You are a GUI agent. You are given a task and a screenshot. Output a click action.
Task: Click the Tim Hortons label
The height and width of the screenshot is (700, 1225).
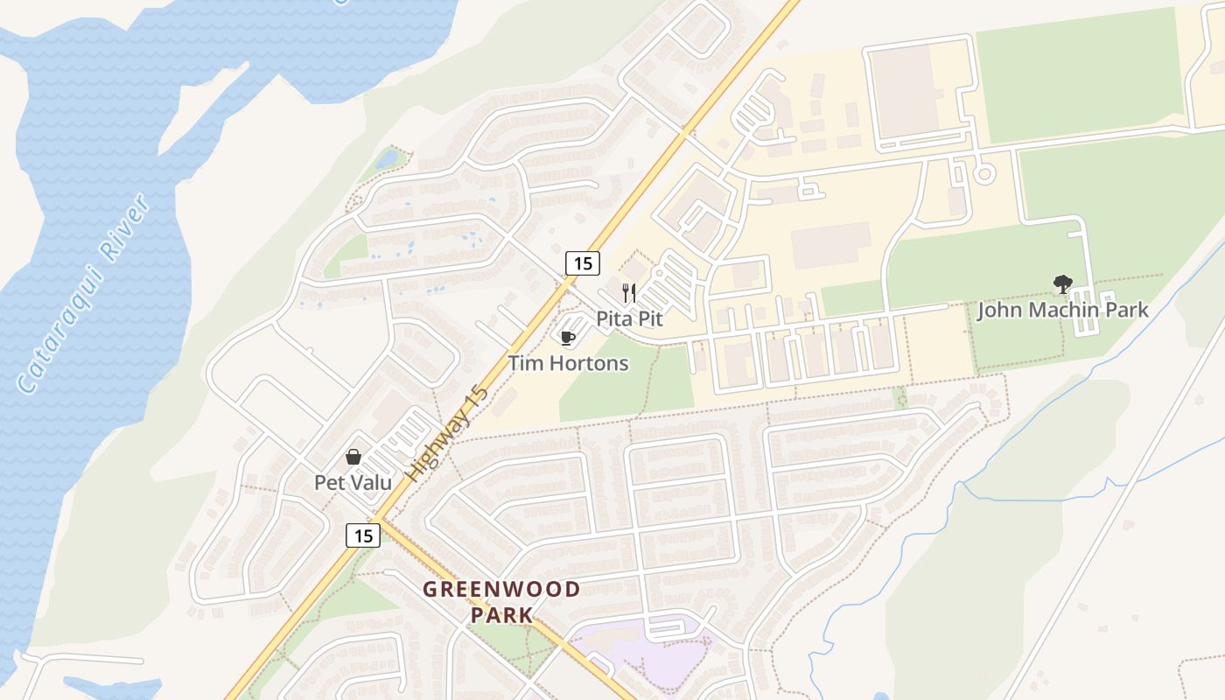click(x=568, y=362)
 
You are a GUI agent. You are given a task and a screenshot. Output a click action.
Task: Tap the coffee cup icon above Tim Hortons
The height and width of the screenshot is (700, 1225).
click(x=567, y=337)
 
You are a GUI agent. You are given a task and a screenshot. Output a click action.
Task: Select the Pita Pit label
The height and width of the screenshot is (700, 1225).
click(x=629, y=318)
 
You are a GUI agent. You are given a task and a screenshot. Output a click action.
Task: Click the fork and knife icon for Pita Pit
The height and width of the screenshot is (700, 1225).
click(x=629, y=292)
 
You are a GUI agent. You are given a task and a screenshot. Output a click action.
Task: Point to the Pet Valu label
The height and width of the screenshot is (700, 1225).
click(x=353, y=482)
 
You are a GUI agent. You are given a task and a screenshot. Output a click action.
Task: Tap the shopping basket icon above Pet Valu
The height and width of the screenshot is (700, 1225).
click(x=353, y=457)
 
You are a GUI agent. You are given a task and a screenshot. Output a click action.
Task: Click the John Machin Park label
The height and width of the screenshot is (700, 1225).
click(x=1062, y=310)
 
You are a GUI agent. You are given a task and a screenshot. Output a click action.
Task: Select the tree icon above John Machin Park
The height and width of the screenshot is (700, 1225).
click(x=1063, y=283)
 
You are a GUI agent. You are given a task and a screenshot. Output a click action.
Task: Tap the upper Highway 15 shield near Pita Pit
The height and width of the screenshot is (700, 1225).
click(x=583, y=262)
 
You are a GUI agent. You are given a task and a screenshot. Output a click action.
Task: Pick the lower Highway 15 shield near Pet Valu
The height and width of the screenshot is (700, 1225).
click(x=363, y=535)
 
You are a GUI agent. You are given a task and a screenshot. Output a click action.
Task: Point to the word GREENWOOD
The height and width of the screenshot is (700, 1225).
click(x=501, y=589)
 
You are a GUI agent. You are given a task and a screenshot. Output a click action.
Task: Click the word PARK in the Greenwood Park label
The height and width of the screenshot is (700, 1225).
click(x=501, y=614)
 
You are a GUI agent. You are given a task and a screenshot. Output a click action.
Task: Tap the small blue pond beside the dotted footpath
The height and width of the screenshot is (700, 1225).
click(x=388, y=159)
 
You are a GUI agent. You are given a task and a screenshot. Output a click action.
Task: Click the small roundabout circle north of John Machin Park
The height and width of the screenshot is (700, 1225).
click(x=984, y=174)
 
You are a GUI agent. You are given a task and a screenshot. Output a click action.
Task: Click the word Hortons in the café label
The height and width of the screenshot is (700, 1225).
click(x=589, y=362)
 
